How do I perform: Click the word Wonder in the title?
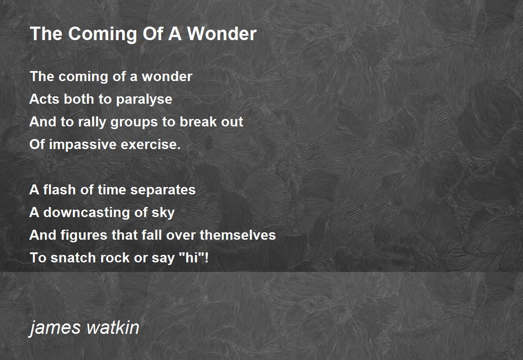coord(222,34)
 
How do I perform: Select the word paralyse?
coord(144,100)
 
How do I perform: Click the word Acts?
coord(44,99)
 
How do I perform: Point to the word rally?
coord(92,122)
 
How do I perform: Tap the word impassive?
coord(83,145)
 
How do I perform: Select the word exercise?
coord(151,145)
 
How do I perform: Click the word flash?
coord(59,190)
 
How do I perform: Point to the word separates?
coord(163,190)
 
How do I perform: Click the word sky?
coord(163,213)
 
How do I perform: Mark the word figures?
coord(84,235)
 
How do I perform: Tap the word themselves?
coord(238,235)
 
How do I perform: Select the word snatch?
coord(73,258)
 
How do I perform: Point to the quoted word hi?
coord(194,258)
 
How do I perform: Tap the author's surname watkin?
coord(113,327)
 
